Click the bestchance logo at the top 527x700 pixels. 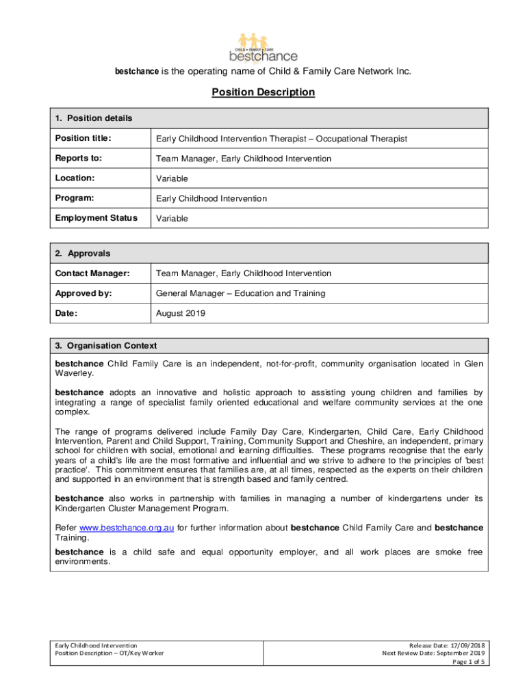tap(263, 46)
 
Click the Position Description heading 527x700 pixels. tap(263, 92)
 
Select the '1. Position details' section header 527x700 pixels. tap(94, 118)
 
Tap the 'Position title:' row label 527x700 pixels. tap(83, 139)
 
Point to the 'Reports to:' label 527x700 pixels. tap(78, 159)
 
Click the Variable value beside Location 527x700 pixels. tap(172, 178)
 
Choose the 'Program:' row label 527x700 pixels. tap(75, 198)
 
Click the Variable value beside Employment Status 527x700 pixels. tap(172, 219)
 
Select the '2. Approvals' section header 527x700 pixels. tap(82, 253)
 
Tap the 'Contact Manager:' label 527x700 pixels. tap(92, 273)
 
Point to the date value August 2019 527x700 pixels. tap(181, 314)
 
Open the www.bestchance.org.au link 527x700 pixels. tap(127, 528)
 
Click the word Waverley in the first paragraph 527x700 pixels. tap(73, 374)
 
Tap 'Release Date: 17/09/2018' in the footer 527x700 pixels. tap(447, 645)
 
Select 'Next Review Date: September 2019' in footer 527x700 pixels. tap(433, 653)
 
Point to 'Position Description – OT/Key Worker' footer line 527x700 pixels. tap(109, 653)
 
